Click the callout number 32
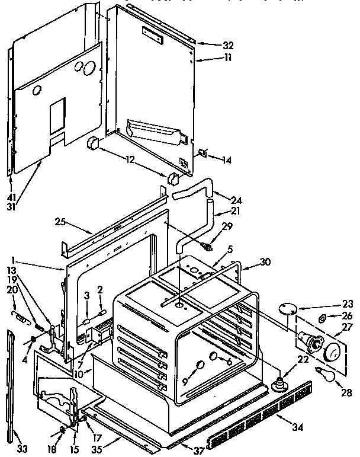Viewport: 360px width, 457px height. click(212, 46)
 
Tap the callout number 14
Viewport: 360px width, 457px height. click(227, 159)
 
